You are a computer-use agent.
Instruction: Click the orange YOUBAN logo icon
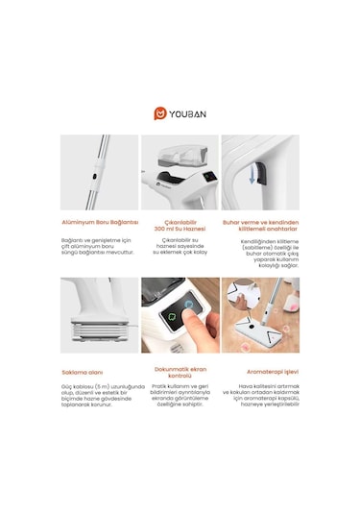(159, 113)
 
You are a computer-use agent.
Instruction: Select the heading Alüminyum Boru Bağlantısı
(100, 221)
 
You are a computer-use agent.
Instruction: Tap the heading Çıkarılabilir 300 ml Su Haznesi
(180, 225)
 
